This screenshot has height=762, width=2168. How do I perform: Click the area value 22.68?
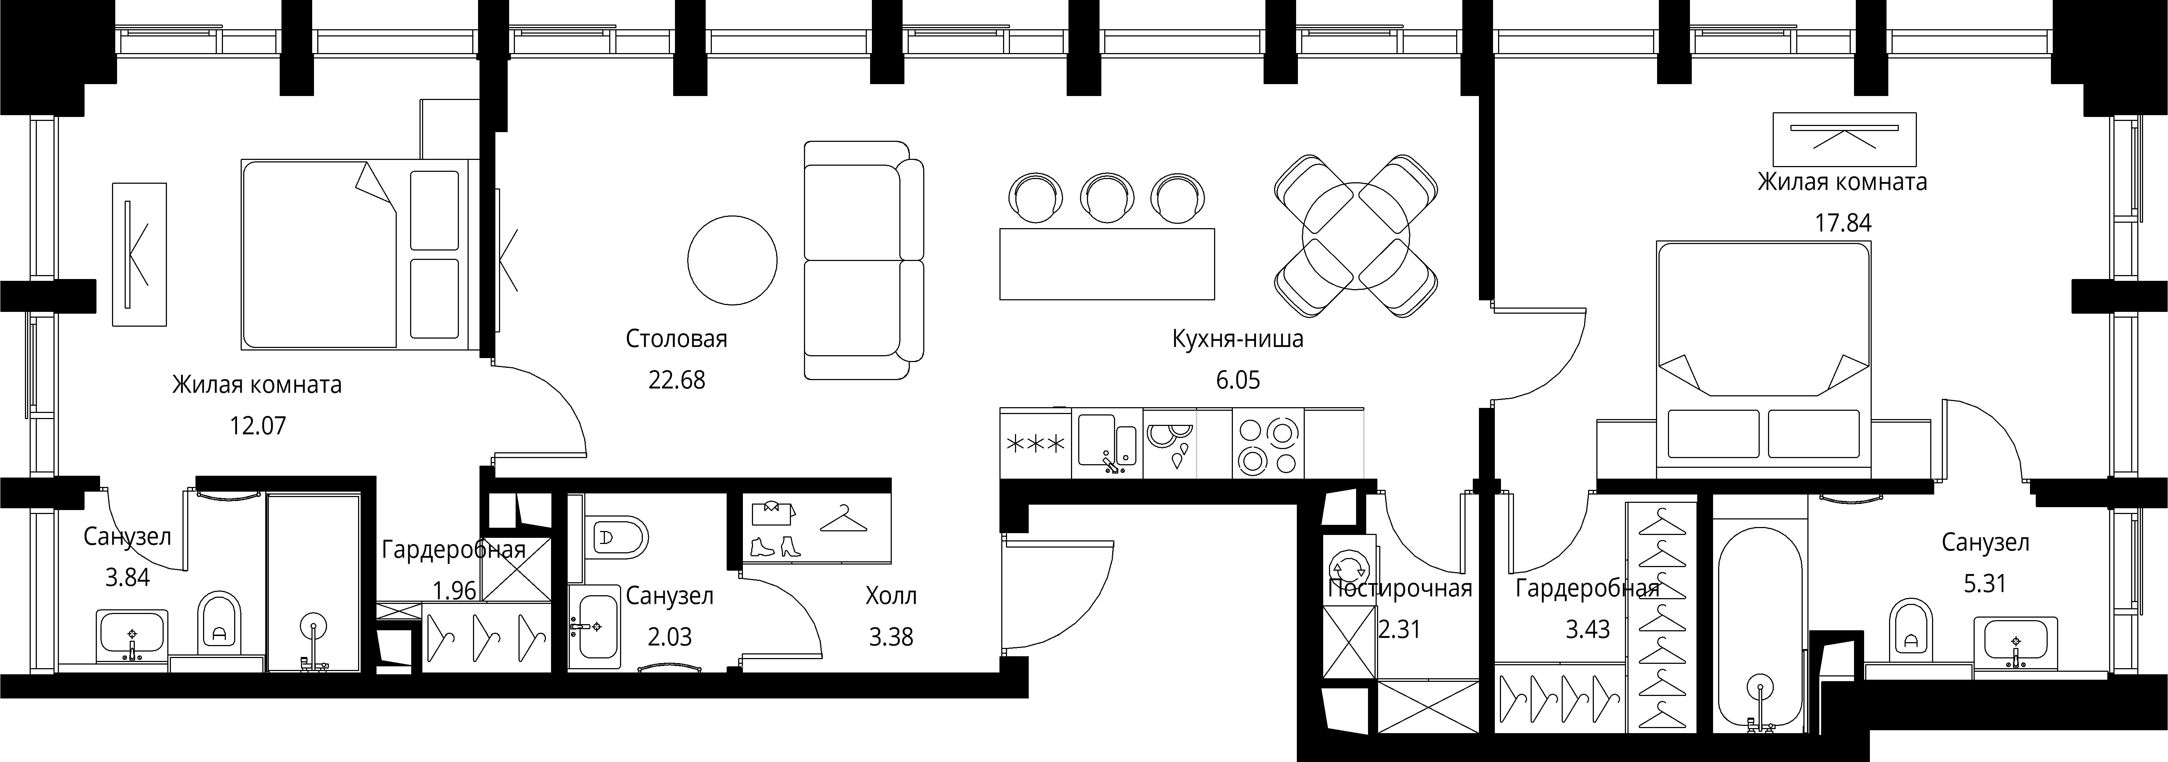(677, 380)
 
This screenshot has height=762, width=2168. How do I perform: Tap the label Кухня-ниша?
(1237, 340)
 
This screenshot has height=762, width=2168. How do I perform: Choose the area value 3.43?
(1587, 629)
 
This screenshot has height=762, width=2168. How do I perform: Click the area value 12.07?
(258, 426)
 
